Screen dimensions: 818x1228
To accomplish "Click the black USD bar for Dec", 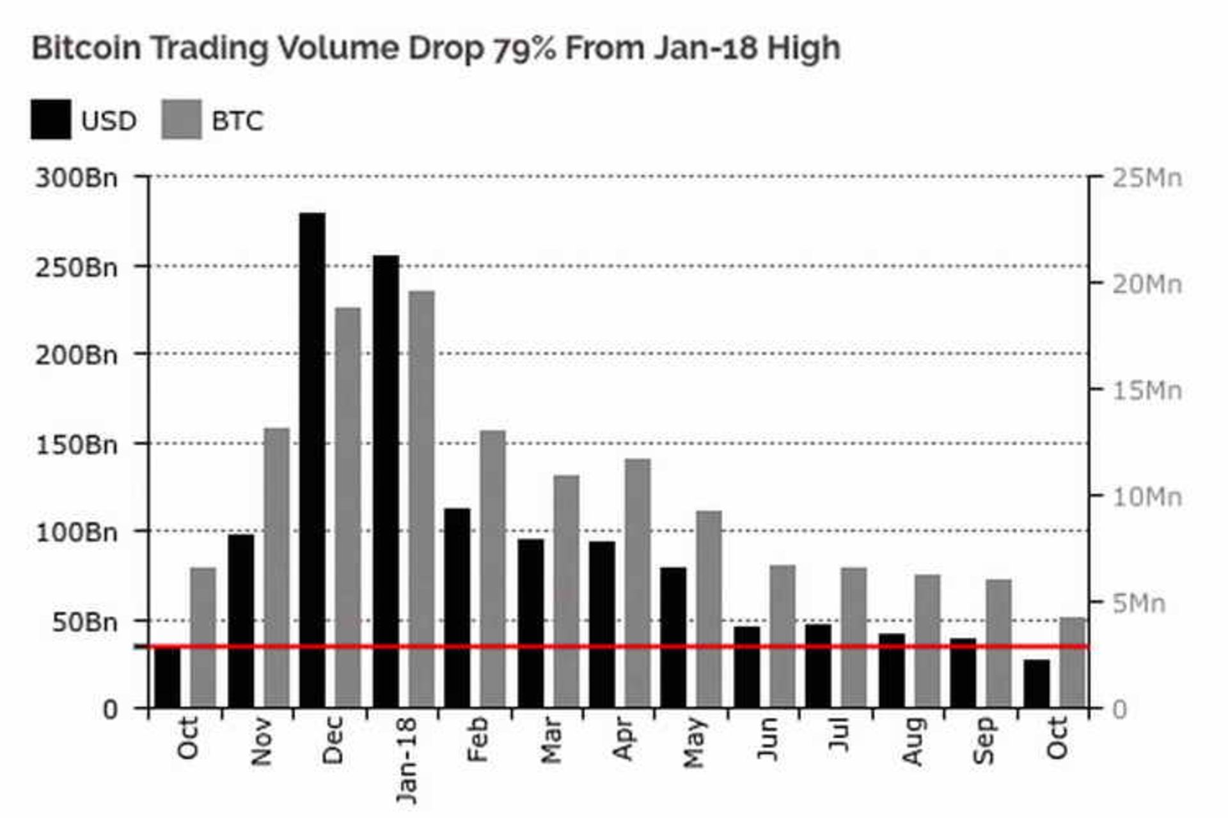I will point(312,460).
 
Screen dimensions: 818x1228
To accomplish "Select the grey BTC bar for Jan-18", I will point(421,498).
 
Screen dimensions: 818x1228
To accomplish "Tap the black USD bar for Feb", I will point(457,607).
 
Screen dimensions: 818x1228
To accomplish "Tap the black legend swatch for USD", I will point(51,120).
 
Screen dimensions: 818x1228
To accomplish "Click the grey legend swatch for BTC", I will point(182,120).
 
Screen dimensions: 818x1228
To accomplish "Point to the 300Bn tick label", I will point(77,178).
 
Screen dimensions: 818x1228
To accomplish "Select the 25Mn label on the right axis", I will point(1147,178).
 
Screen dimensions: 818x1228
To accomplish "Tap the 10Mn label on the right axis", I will point(1147,497).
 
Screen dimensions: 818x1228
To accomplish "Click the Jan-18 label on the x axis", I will point(405,760).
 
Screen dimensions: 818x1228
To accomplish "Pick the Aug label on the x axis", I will point(913,741).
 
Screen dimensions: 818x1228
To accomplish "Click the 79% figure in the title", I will point(523,49).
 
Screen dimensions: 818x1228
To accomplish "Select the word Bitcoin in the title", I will point(86,48).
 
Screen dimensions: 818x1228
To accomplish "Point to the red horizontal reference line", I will point(704,647).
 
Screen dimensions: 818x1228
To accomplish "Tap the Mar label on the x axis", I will point(551,741).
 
